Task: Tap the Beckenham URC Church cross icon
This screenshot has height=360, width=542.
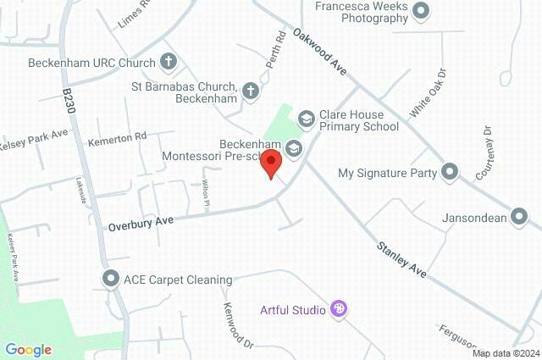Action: (x=169, y=62)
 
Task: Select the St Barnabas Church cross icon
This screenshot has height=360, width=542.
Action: (x=251, y=89)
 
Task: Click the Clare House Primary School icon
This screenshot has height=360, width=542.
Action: (x=305, y=116)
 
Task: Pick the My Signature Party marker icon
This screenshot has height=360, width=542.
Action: (x=450, y=172)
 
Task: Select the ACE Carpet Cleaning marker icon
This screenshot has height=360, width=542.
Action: (x=110, y=279)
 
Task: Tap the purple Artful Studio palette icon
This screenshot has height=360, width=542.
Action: (x=339, y=309)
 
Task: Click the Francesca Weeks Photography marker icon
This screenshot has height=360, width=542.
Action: (x=421, y=12)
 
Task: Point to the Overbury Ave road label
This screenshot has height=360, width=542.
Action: (x=141, y=224)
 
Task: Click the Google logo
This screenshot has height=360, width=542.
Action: (x=28, y=349)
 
